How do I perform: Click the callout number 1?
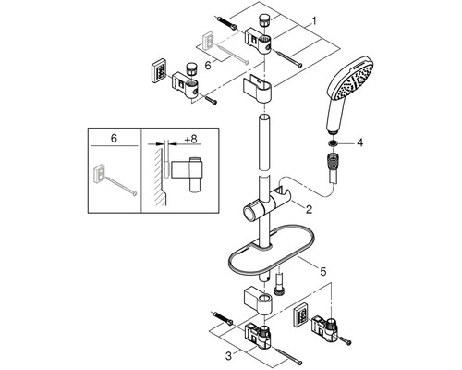click(x=313, y=21)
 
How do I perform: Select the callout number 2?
click(x=309, y=210)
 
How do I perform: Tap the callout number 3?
click(x=228, y=356)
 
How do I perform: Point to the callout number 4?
click(x=359, y=142)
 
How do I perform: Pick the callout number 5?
click(x=322, y=271)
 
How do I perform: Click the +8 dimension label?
click(x=190, y=139)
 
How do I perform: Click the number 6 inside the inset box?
click(x=114, y=139)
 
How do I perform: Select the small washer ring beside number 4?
click(x=333, y=142)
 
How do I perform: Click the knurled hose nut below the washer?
click(x=332, y=161)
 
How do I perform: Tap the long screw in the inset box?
click(x=120, y=183)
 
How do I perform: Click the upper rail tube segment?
click(x=265, y=142)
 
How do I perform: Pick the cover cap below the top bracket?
click(x=258, y=89)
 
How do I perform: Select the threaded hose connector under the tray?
click(x=279, y=284)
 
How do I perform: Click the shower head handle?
click(x=334, y=115)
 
